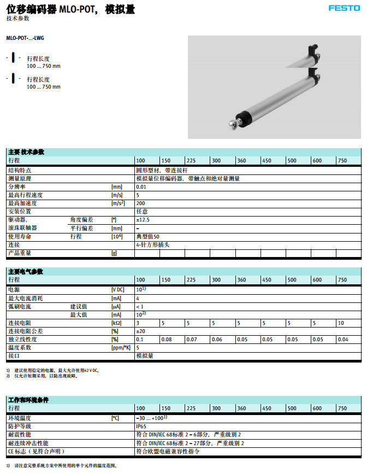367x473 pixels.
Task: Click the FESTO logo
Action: point(344,8)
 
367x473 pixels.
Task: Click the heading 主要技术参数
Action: point(26,151)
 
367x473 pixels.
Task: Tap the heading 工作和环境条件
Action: point(28,400)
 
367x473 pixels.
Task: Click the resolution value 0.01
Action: point(141,187)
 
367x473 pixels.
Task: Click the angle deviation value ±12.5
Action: point(143,220)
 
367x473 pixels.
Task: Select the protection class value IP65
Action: point(142,426)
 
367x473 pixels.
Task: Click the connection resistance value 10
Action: point(341,323)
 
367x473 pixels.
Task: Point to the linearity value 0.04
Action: point(343,340)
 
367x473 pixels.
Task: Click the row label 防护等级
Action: point(20,426)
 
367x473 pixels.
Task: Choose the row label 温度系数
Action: point(20,347)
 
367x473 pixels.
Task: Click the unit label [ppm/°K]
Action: point(121,347)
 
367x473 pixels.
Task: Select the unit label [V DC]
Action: point(118,289)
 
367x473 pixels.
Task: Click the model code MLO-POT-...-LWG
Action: point(25,38)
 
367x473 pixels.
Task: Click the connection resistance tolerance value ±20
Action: point(141,331)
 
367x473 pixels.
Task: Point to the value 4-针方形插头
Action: point(152,245)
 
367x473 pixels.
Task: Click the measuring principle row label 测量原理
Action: point(20,178)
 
